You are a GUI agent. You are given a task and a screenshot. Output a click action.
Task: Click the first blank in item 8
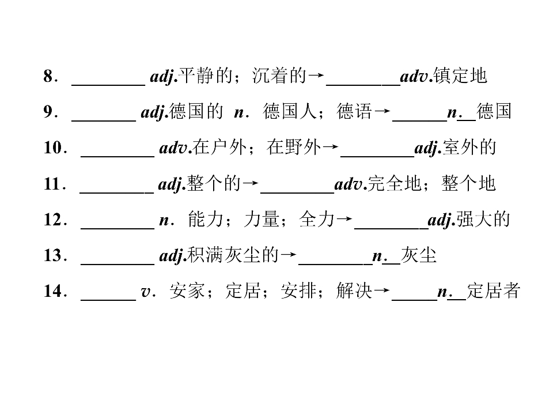[109, 85]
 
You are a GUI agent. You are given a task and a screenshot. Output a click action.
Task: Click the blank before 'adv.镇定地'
[363, 85]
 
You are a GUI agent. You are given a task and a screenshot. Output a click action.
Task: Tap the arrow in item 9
[382, 111]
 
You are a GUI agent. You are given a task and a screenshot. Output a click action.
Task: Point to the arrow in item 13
[289, 255]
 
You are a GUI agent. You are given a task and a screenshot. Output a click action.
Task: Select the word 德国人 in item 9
[290, 111]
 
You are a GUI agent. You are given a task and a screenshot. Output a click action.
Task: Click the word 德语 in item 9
[354, 111]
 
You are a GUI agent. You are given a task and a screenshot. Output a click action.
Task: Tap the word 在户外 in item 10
[219, 148]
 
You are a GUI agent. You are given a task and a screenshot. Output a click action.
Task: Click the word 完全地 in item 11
[394, 183]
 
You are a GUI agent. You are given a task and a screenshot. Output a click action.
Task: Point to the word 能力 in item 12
[206, 220]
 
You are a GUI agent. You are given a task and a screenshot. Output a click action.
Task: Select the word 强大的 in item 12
[483, 220]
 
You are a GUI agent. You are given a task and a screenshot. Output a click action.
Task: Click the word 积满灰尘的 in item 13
[233, 255]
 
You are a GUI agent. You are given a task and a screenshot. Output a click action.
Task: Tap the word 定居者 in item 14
[494, 291]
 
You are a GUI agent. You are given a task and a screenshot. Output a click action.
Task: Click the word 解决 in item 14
[354, 291]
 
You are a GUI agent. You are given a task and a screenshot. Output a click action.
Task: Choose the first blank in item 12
[118, 228]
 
